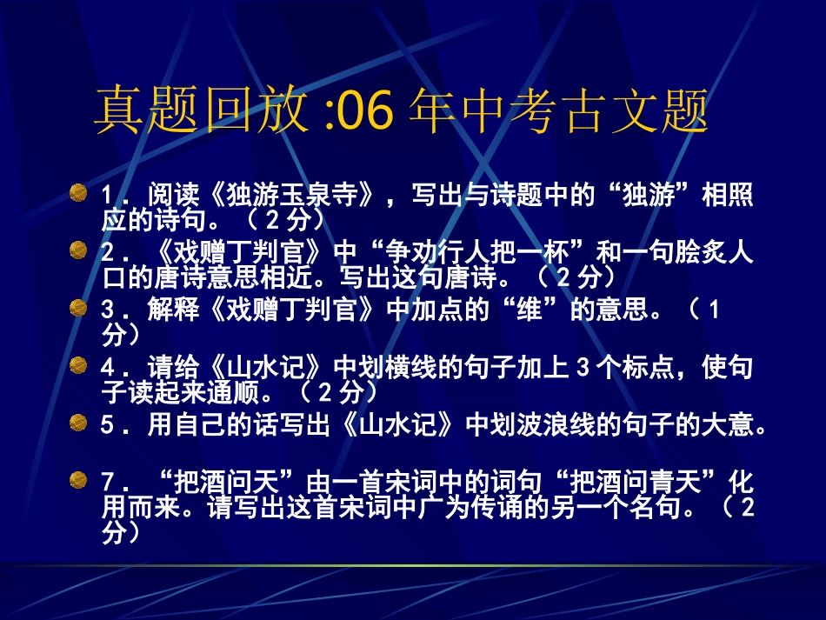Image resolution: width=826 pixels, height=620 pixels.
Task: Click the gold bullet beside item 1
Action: [78, 190]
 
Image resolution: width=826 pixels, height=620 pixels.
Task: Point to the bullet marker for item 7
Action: [78, 478]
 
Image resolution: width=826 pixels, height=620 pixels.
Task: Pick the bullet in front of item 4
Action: [78, 363]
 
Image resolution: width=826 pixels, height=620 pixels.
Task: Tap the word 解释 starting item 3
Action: [171, 311]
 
